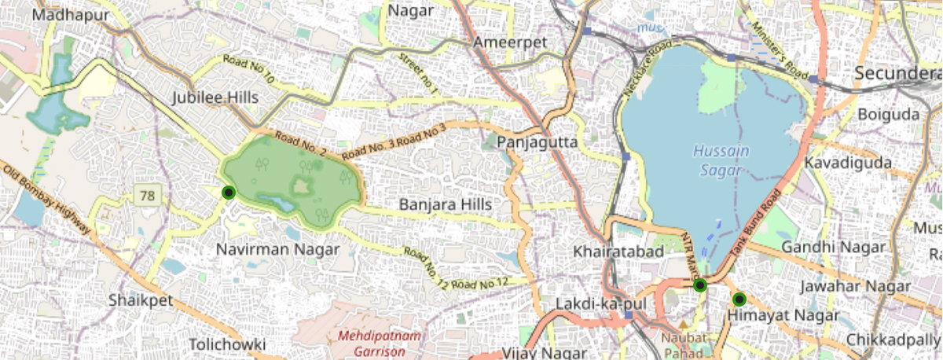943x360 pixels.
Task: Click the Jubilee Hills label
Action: pos(215,98)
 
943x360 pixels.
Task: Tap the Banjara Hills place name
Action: pos(445,205)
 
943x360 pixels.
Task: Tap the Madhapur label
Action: pos(72,15)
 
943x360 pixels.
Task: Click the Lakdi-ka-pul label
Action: pos(588,303)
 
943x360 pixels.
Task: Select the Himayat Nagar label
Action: pos(783,315)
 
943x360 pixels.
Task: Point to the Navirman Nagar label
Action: pos(277,250)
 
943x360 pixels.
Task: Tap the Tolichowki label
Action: pos(227,344)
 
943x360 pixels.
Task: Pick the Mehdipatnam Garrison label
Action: pos(379,343)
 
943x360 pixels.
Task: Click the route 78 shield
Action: pos(145,195)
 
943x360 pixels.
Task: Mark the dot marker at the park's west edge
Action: pos(229,193)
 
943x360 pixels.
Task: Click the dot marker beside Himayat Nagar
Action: pos(739,299)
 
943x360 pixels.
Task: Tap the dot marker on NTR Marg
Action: pos(700,285)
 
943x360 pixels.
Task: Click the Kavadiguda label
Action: pos(848,163)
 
